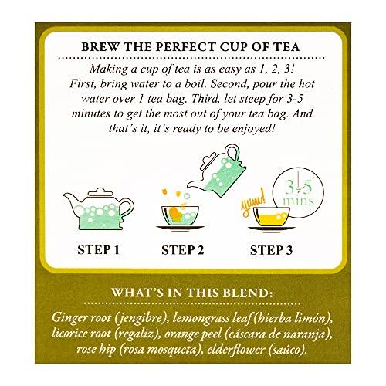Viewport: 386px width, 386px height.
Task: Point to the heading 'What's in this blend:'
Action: click(193, 294)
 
